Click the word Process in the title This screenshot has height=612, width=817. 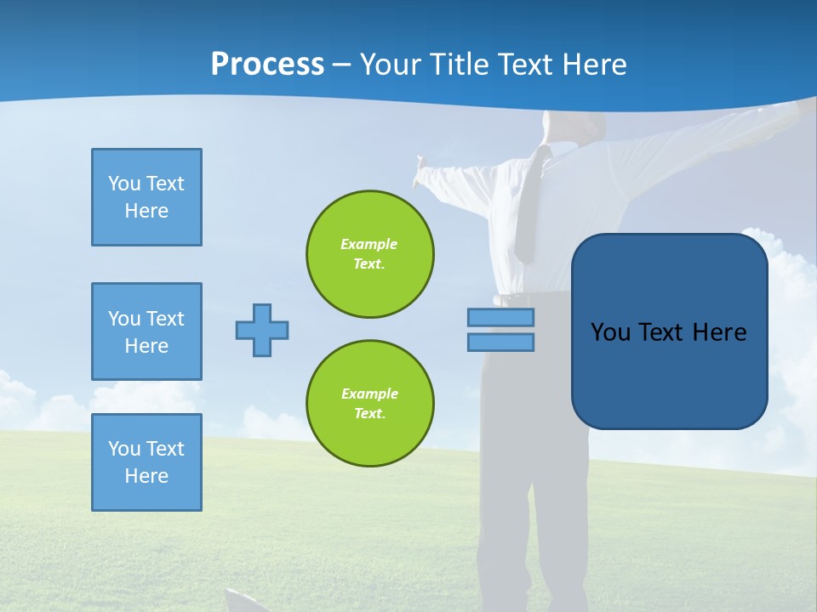point(267,65)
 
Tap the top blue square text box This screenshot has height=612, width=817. point(146,197)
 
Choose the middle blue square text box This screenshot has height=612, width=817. point(146,331)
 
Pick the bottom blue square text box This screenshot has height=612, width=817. point(146,462)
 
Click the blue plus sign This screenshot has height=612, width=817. point(262,330)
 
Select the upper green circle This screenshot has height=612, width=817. point(370,254)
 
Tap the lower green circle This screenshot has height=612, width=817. point(370,404)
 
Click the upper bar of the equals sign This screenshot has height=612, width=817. point(500,317)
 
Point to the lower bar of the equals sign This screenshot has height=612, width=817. point(500,342)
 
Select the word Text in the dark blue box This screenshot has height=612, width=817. point(661,332)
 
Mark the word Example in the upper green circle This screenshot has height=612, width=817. point(369,244)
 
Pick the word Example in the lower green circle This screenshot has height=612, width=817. point(369,394)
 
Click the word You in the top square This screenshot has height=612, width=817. point(123,184)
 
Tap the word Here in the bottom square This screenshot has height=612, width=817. point(146,476)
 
